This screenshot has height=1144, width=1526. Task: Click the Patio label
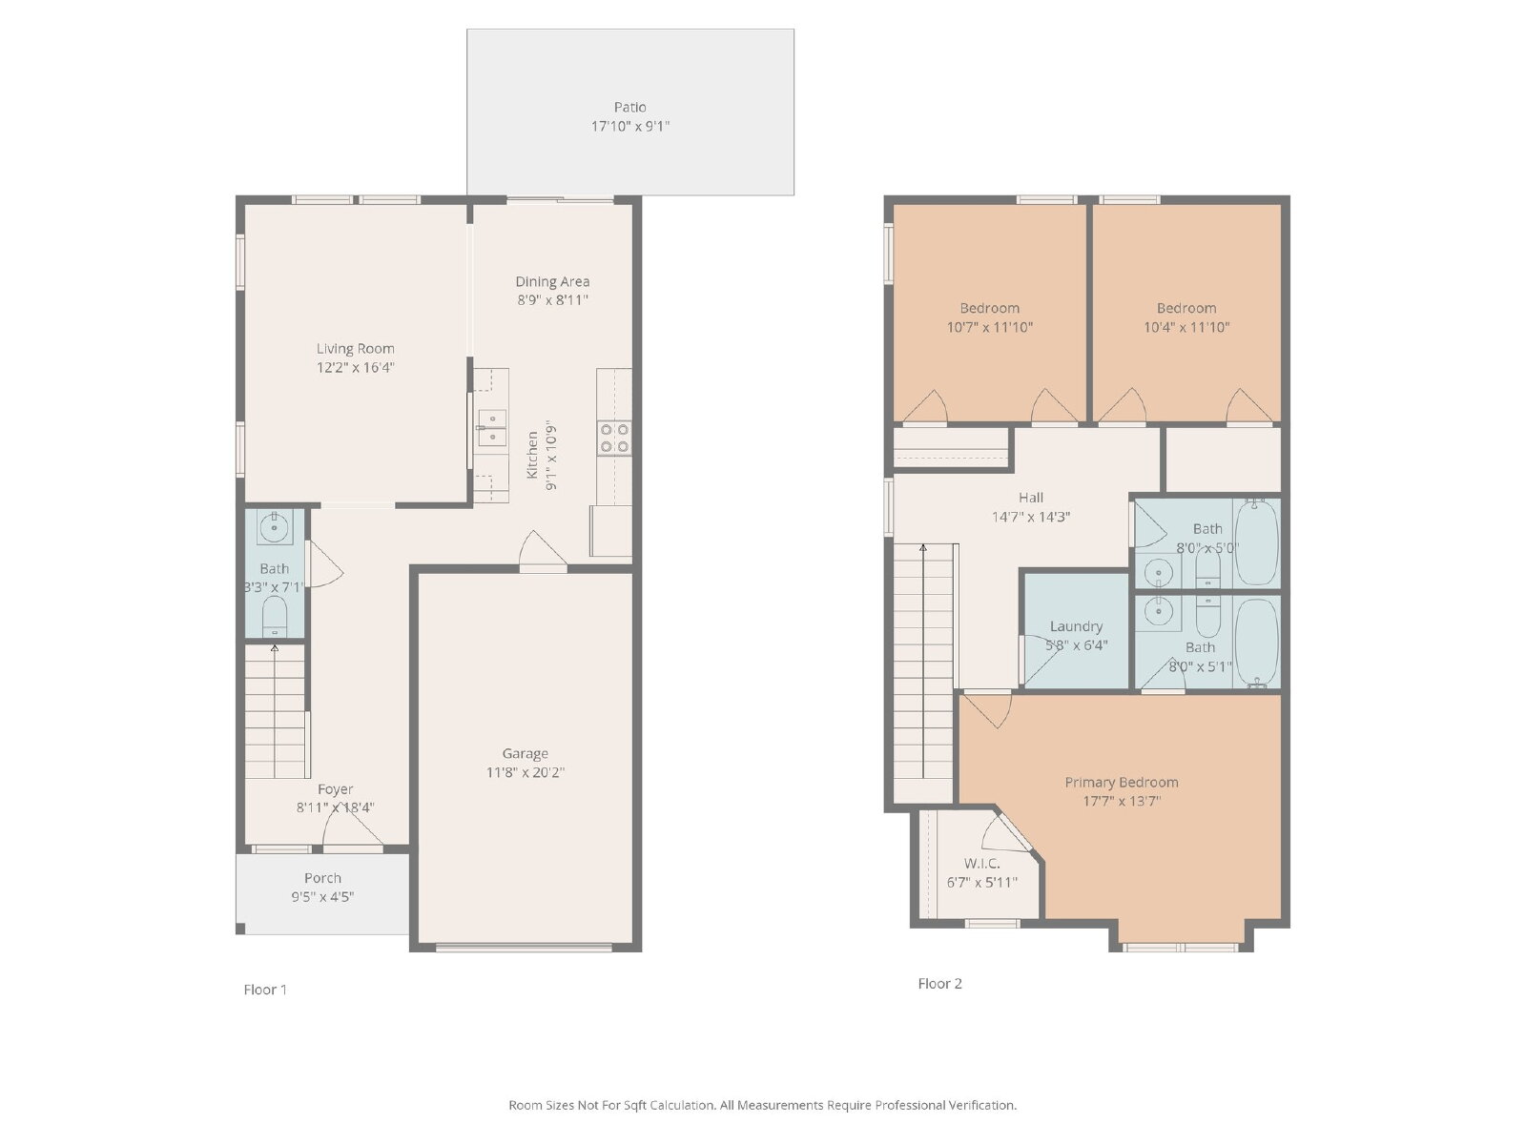click(629, 107)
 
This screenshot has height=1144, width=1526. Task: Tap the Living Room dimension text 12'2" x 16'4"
click(355, 367)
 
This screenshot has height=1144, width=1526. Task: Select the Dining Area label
click(552, 281)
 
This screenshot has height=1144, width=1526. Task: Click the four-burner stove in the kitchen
click(614, 439)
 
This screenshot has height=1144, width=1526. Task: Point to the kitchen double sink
click(491, 426)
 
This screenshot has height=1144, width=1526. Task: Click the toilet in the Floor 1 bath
click(275, 616)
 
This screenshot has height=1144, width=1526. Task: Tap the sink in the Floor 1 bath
click(275, 527)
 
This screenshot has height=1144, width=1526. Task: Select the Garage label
click(525, 753)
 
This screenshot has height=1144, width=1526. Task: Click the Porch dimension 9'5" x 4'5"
click(322, 897)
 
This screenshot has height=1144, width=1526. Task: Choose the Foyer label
click(335, 789)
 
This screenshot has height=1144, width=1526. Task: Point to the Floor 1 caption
click(265, 990)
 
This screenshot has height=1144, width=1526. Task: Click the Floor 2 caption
click(939, 983)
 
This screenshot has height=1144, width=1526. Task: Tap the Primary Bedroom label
click(1122, 782)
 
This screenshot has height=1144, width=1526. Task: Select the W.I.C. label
click(981, 864)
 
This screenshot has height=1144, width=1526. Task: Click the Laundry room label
click(1076, 625)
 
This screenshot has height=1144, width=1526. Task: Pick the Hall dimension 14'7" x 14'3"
click(1030, 517)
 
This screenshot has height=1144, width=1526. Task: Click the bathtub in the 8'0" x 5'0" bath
click(1257, 541)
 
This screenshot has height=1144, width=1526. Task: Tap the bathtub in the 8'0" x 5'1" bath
click(1257, 643)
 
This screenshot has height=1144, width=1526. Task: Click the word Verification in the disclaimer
click(981, 1105)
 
